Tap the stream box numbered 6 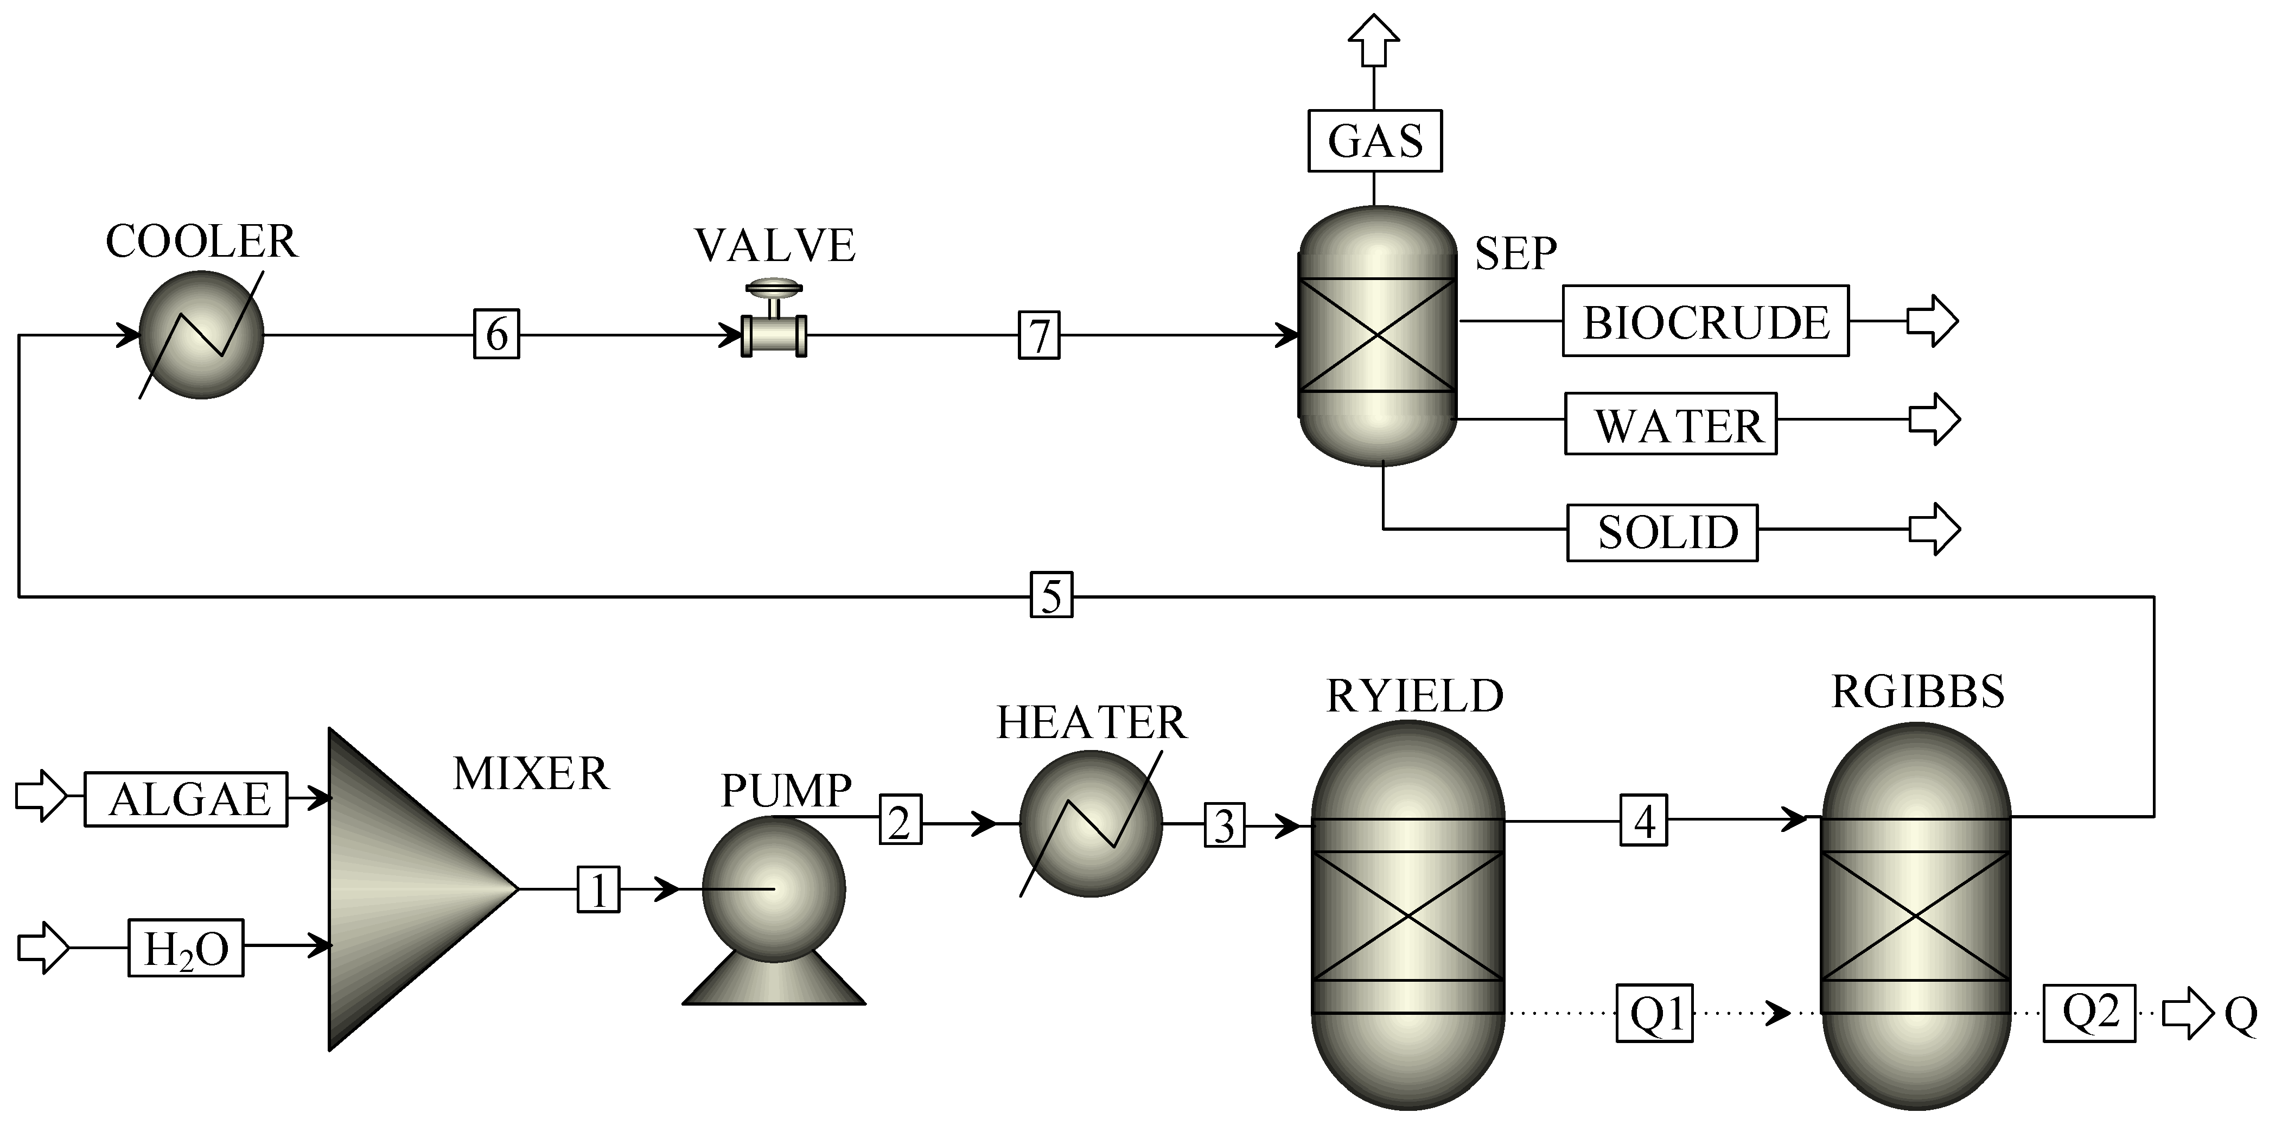click(497, 334)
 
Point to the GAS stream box click(1375, 141)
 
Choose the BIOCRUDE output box click(1705, 322)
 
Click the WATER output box click(1671, 424)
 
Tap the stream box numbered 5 click(1051, 595)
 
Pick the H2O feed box click(186, 948)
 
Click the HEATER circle click(1091, 824)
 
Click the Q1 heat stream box click(1655, 1013)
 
